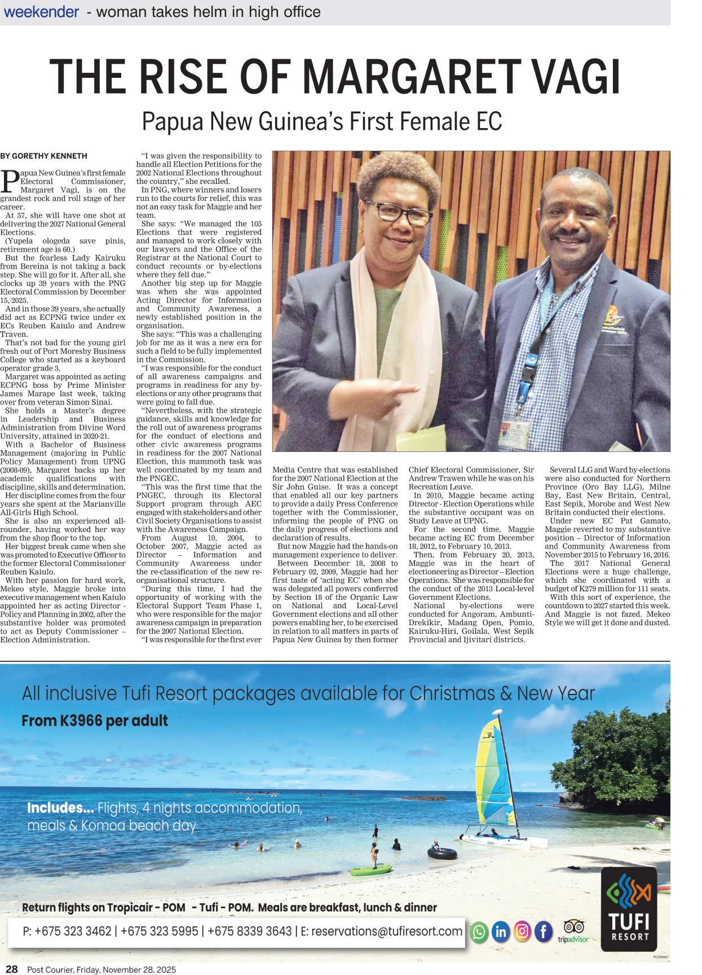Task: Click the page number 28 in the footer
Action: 11,969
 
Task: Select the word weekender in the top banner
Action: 41,12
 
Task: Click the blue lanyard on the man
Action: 528,361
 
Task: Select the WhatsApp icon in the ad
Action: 479,932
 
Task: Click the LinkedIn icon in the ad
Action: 500,932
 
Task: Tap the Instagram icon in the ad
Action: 522,932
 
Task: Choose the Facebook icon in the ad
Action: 544,932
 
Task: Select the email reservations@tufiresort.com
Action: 387,931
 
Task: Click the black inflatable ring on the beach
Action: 438,852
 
